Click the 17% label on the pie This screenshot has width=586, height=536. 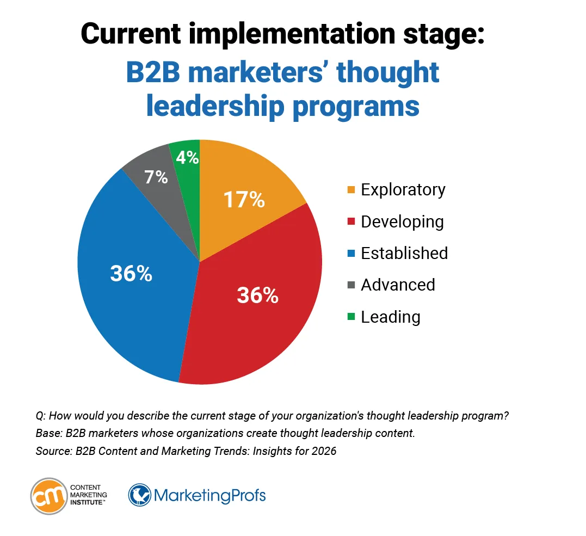point(244,200)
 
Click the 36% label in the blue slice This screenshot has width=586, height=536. point(131,274)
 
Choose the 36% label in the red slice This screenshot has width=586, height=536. point(257,295)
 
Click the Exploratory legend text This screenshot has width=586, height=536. point(403,189)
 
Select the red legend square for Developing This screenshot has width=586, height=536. point(351,222)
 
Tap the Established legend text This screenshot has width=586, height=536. point(404,253)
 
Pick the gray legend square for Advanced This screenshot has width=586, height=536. point(351,285)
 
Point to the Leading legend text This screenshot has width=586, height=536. point(390,317)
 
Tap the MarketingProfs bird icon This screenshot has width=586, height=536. point(140,495)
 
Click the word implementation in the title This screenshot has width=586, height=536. point(278,34)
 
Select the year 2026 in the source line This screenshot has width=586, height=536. point(325,451)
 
